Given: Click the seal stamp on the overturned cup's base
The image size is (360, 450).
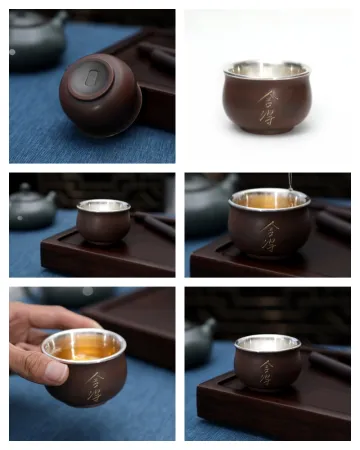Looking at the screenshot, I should pos(91,77).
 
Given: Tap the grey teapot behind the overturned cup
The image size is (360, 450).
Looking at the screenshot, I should pos(36,40).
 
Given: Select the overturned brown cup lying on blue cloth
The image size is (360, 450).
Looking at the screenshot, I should pos(99,95).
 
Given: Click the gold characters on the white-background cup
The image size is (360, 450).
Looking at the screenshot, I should pos(267,107).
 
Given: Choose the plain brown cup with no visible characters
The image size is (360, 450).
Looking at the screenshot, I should pos(104,220).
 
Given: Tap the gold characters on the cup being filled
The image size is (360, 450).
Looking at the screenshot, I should pos(272,237).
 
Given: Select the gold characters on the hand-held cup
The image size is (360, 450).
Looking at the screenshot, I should pos(94,382).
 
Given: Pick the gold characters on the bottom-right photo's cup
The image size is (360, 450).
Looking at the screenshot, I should pos(266,371).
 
